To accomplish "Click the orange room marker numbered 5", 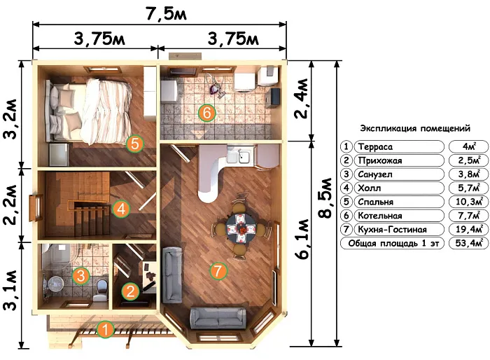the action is pos(134,144).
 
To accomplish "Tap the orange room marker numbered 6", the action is pos(207,113).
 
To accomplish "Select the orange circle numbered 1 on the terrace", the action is pos(105,329).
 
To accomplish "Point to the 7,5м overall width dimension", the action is pos(167,14).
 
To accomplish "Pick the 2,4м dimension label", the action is pos(301,99).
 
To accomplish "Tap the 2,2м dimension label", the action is pos(10,205).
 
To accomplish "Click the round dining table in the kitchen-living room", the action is pos(241,228).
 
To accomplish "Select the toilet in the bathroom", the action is pos(101,290).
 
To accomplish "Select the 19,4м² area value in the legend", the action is pos(470,229).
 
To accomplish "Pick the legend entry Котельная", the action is pos(379,216).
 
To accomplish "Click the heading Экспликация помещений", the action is pos(415,128).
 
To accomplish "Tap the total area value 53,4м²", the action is pos(470,243).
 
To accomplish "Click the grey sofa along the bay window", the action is pos(218,318).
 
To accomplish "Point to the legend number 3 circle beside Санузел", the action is pos(346,174).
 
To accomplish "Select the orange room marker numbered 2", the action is pos(130,291).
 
